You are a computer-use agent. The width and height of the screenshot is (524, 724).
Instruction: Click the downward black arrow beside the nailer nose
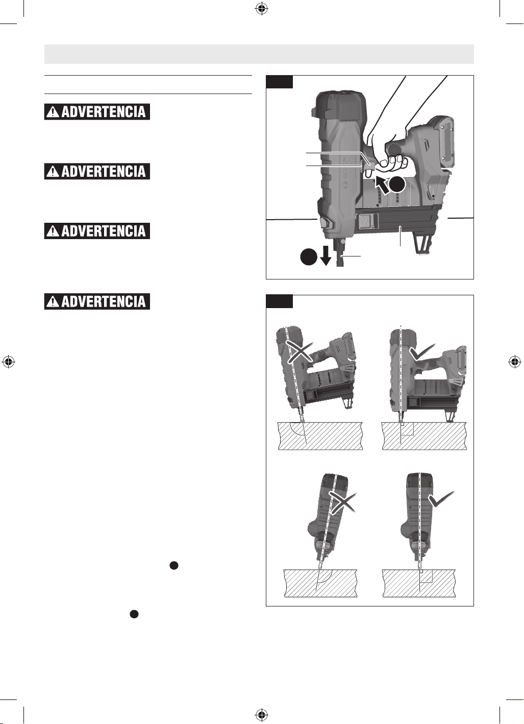click(326, 255)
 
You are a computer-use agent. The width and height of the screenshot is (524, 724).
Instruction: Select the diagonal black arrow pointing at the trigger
click(382, 185)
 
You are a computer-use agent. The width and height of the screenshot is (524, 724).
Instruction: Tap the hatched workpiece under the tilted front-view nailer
click(320, 583)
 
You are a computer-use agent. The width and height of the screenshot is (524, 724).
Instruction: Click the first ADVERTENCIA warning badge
click(97, 112)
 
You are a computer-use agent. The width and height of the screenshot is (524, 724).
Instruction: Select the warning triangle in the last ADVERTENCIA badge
click(53, 301)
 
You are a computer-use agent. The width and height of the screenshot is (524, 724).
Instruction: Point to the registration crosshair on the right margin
click(515, 362)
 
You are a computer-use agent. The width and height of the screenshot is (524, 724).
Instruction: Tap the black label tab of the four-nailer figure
click(279, 301)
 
